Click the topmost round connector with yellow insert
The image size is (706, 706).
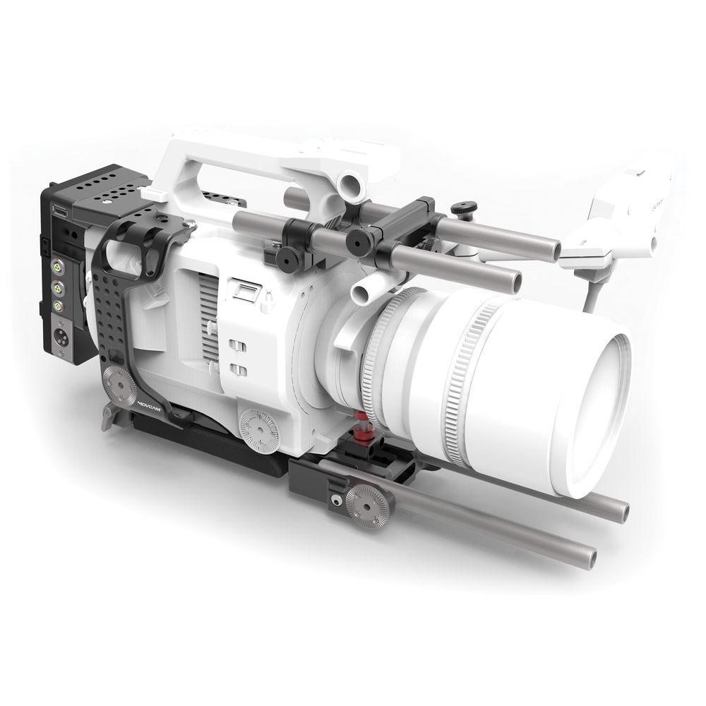(x=56, y=270)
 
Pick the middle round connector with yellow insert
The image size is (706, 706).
(x=56, y=288)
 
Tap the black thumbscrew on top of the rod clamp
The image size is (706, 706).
(x=465, y=208)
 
